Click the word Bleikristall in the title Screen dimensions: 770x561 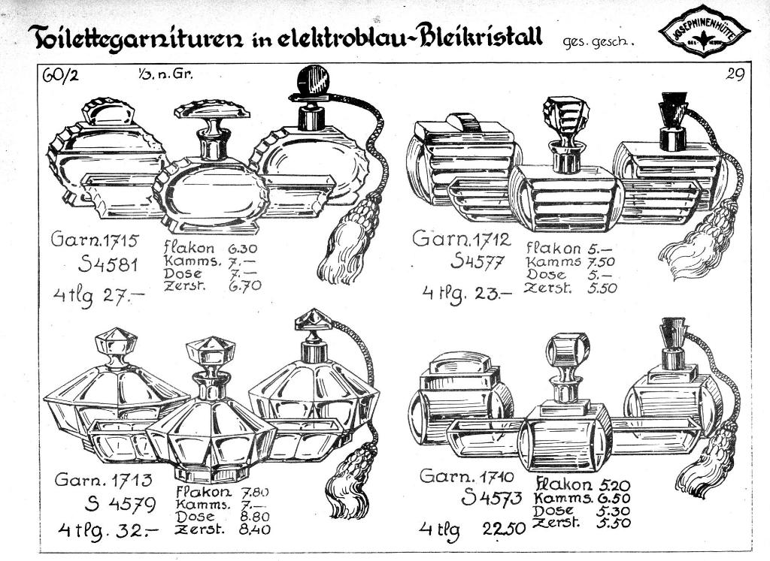(478, 36)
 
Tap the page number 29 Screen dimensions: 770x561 (735, 74)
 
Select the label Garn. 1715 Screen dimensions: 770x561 (95, 240)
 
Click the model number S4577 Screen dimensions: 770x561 (477, 262)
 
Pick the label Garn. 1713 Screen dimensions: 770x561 (104, 478)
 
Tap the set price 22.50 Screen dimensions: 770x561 (503, 529)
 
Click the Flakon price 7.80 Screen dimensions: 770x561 (255, 492)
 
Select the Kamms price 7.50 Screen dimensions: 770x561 (601, 262)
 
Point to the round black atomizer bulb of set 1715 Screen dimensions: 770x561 (314, 80)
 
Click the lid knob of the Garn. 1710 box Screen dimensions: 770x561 (459, 362)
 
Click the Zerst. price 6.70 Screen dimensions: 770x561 (245, 285)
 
